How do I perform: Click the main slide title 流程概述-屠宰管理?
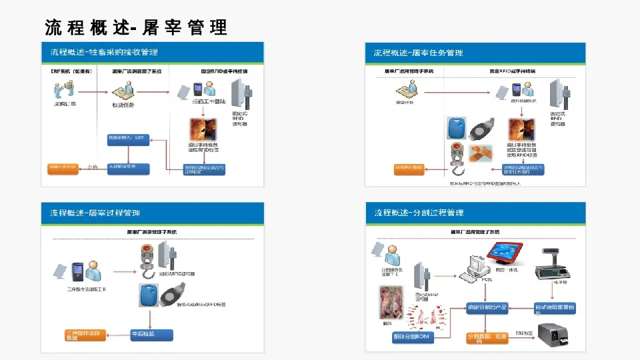tap(136, 27)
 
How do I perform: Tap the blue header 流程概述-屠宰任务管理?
tap(418, 52)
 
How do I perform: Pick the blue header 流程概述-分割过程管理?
tap(419, 213)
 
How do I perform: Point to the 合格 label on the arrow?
tap(93, 167)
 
